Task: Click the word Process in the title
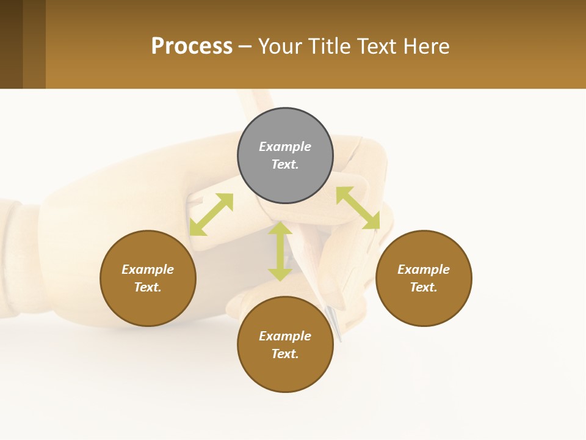tap(192, 46)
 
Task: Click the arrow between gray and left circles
tap(211, 215)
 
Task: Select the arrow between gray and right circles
tap(358, 208)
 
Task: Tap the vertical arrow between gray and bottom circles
tap(280, 251)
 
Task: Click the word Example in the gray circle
tap(285, 147)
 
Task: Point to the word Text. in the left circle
tap(148, 287)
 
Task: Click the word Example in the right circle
tap(424, 269)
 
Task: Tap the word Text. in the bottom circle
tap(285, 354)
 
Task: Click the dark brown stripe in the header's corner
tap(11, 44)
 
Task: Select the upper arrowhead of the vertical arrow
tap(280, 227)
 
